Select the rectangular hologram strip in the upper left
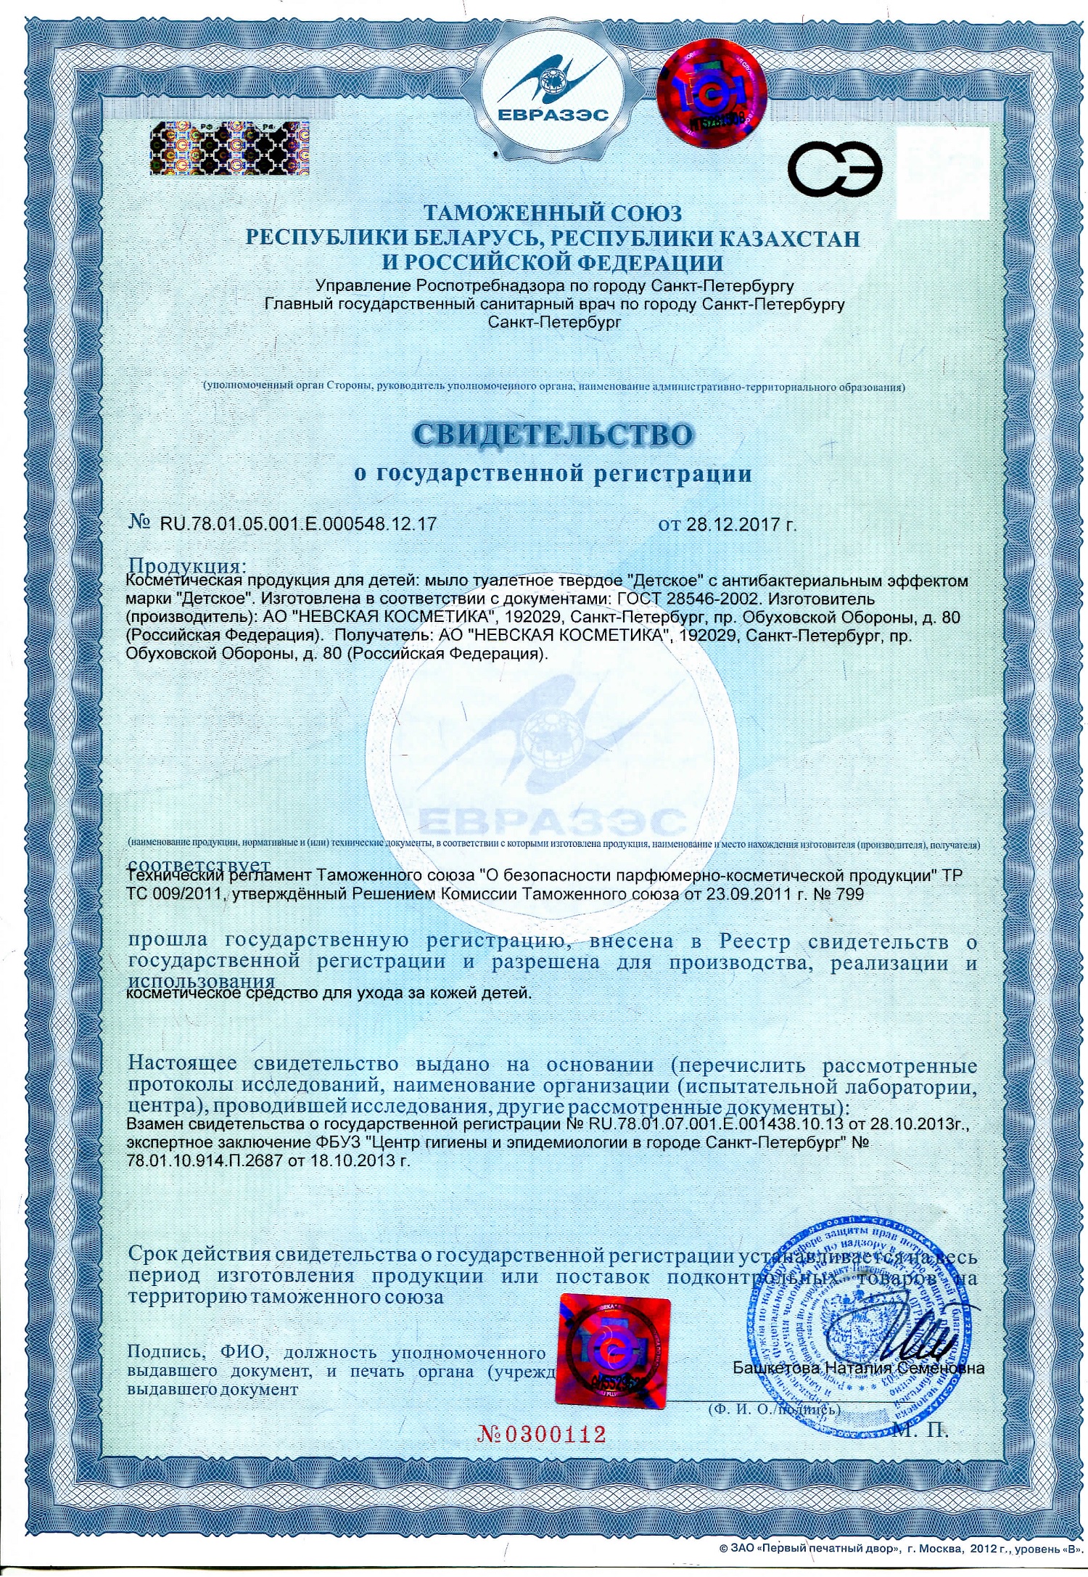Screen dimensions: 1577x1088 click(229, 149)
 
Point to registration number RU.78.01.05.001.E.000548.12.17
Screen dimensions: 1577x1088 click(298, 523)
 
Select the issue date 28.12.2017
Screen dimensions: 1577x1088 click(732, 524)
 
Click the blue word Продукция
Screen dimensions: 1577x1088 click(186, 565)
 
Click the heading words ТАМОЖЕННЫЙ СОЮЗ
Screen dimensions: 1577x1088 click(553, 213)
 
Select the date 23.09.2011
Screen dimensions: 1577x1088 click(739, 894)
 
